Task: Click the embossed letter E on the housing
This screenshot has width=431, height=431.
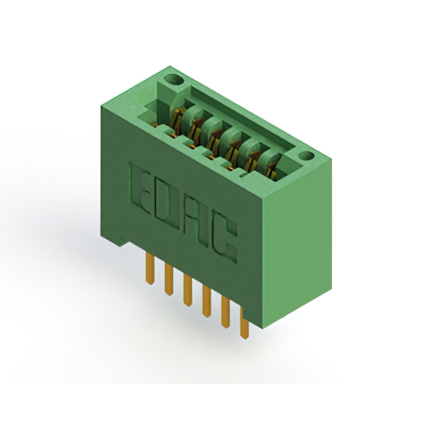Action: (x=141, y=189)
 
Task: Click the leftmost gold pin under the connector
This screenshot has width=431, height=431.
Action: (x=150, y=269)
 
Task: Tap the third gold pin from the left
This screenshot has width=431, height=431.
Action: (x=188, y=290)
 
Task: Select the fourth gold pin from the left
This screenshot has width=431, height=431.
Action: (x=207, y=301)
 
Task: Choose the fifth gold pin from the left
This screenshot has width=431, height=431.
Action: (x=226, y=312)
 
